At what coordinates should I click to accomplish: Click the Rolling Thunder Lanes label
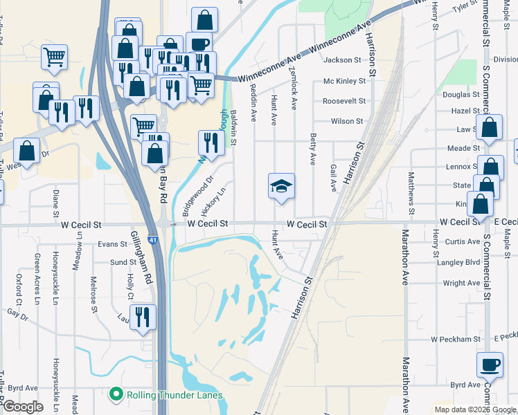click(x=175, y=396)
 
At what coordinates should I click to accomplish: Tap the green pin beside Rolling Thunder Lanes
click(x=116, y=396)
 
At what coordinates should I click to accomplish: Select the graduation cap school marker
click(x=282, y=187)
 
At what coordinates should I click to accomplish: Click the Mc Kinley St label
click(x=344, y=82)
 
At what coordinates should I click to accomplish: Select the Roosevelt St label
click(x=343, y=101)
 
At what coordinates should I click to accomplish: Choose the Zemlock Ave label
click(x=294, y=93)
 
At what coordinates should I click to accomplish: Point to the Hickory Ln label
click(x=212, y=199)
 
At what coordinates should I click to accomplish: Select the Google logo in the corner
click(x=23, y=407)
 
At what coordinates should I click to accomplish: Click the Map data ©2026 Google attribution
click(x=475, y=410)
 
